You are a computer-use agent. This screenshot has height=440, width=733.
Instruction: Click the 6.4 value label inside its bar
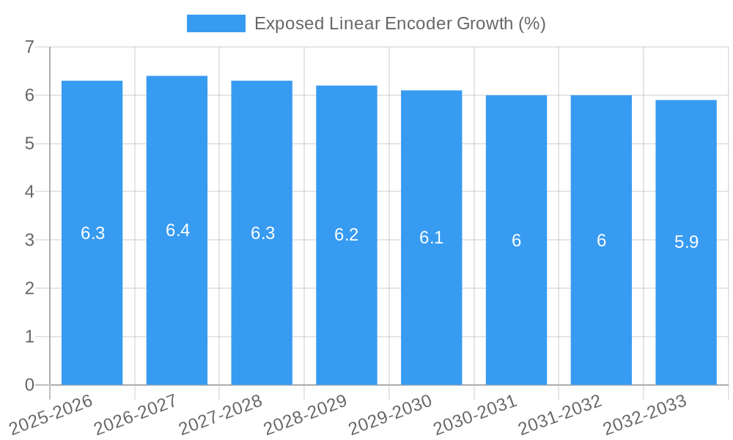pyautogui.click(x=177, y=230)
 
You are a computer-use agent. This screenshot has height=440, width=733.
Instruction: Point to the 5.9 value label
pyautogui.click(x=686, y=242)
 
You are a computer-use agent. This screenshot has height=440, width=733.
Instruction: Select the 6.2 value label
pyautogui.click(x=346, y=235)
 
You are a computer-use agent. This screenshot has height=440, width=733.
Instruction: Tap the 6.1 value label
pyautogui.click(x=431, y=238)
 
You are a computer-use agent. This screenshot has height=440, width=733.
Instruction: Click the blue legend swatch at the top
pyautogui.click(x=216, y=23)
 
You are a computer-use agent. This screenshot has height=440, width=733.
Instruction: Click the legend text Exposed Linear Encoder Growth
pyautogui.click(x=399, y=23)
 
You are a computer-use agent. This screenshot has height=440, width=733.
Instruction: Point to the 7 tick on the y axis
pyautogui.click(x=29, y=48)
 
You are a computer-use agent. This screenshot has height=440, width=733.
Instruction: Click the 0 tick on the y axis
pyautogui.click(x=29, y=385)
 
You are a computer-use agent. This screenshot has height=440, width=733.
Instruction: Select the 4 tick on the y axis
pyautogui.click(x=29, y=192)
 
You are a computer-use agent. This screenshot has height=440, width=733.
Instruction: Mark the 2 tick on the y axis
pyautogui.click(x=29, y=288)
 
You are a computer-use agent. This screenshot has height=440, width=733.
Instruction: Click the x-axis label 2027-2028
pyautogui.click(x=221, y=414)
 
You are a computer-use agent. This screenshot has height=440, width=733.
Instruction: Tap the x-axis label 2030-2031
pyautogui.click(x=476, y=414)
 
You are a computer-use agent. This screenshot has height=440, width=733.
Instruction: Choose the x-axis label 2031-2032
pyautogui.click(x=561, y=414)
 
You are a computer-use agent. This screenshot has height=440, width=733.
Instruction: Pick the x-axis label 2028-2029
pyautogui.click(x=306, y=414)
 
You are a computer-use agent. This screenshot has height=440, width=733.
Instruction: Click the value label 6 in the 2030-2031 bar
pyautogui.click(x=516, y=241)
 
